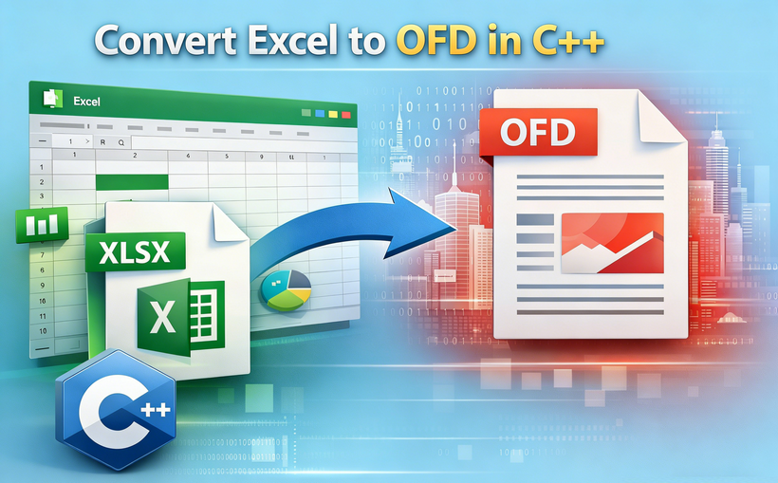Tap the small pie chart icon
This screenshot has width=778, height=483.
287,288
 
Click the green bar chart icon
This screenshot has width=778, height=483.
39,226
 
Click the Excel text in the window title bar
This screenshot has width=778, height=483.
86,101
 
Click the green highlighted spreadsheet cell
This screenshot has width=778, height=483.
132,180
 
